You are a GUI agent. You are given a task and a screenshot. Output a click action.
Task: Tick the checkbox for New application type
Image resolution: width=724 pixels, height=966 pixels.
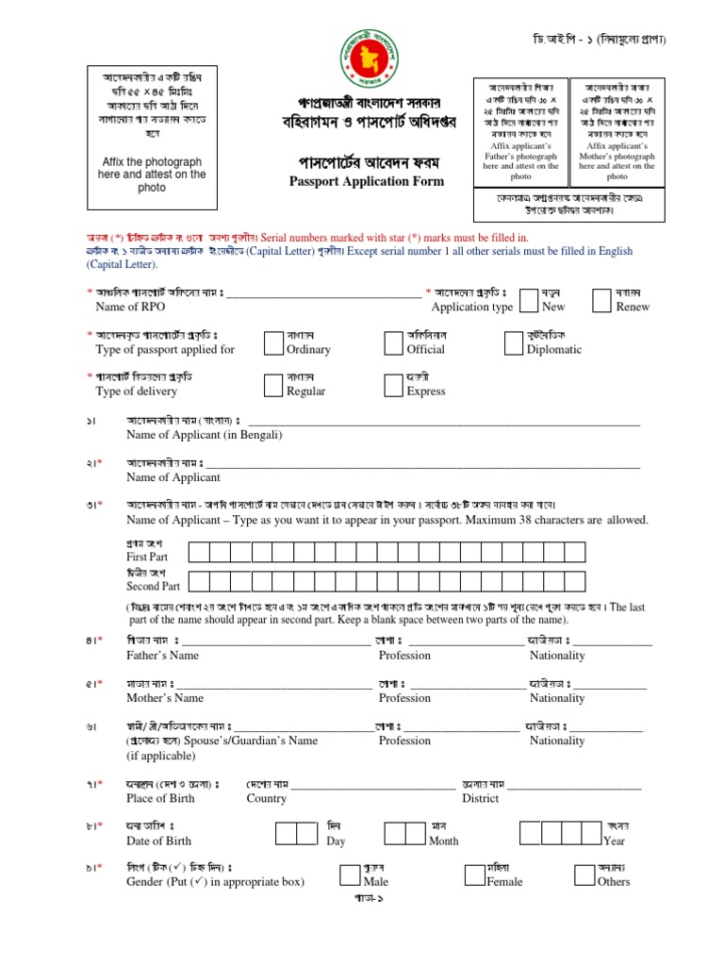tap(530, 300)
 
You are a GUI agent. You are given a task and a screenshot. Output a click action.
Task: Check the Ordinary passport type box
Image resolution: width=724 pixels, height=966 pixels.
tap(274, 342)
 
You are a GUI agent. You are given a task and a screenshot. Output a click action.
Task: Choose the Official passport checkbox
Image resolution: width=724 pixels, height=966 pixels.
tap(395, 342)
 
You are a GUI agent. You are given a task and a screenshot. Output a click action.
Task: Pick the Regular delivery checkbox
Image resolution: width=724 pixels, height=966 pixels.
tap(274, 384)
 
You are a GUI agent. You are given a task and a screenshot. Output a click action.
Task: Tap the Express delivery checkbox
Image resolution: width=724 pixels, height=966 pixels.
tap(395, 384)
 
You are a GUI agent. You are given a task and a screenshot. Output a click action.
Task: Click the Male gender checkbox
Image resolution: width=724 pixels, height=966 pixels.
tap(350, 874)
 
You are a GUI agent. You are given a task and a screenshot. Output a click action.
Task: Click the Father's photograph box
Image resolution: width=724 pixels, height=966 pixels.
tap(520, 130)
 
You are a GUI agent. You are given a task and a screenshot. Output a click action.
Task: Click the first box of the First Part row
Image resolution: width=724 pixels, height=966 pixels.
tap(197, 552)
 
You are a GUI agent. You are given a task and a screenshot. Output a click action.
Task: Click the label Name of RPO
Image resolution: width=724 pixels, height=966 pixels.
tap(131, 308)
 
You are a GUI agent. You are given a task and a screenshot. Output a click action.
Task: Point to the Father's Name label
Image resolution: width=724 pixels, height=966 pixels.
tap(162, 655)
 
